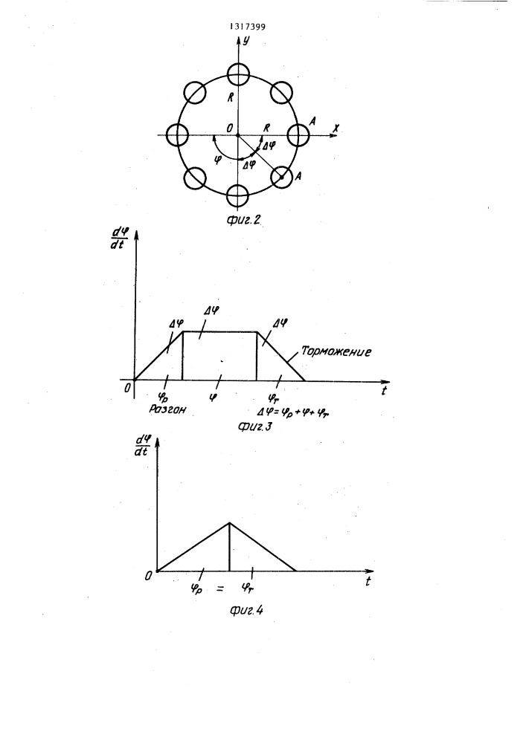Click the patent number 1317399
[247, 27]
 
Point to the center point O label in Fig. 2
[230, 128]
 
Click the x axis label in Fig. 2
[336, 128]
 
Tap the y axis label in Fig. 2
[246, 41]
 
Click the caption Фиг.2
[244, 220]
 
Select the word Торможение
[336, 351]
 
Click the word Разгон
[167, 409]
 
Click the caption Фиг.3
[254, 427]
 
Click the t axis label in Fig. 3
[384, 391]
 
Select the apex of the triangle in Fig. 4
[230, 522]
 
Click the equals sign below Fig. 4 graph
[219, 589]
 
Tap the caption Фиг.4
[246, 610]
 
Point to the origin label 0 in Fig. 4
[149, 577]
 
